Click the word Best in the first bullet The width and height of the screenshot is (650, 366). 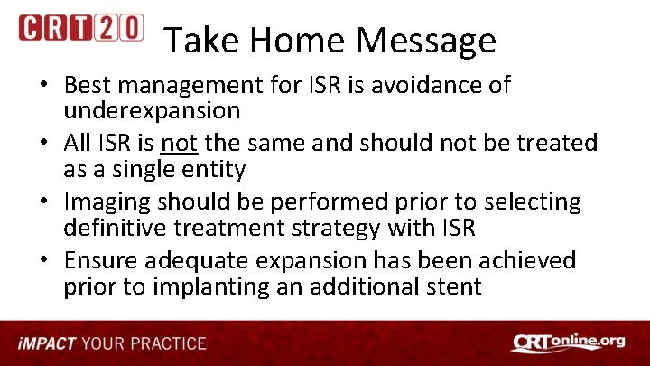(x=88, y=85)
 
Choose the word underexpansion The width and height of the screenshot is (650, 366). (x=151, y=111)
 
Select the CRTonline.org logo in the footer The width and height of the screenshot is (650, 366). (x=568, y=343)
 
